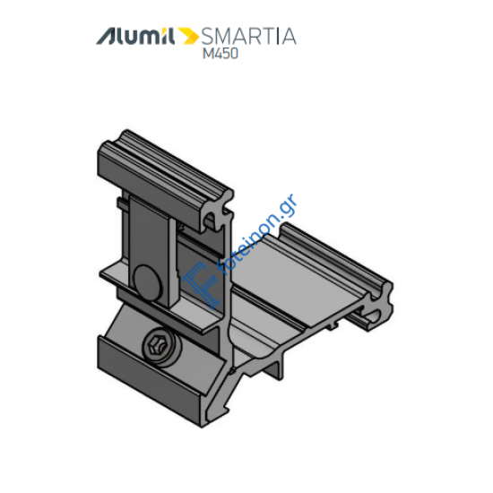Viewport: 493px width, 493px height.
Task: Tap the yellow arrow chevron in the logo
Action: point(189,37)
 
